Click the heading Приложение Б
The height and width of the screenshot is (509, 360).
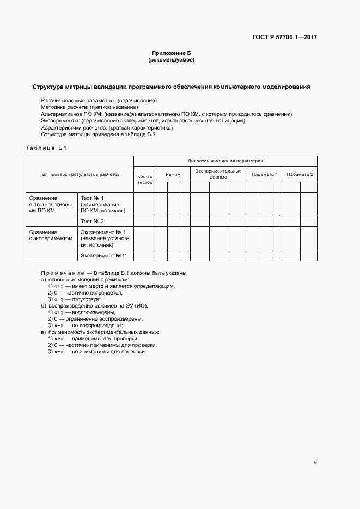pos(171,53)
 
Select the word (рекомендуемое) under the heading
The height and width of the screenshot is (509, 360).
pos(171,60)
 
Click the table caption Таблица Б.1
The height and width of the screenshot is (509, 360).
pos(46,148)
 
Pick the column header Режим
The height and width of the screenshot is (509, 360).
pos(173,174)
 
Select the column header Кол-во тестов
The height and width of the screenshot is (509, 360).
pos(145,179)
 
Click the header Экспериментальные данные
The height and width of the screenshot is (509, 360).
pos(218,174)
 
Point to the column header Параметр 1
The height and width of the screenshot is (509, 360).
pos(264,174)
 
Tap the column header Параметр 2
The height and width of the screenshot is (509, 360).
pos(300,174)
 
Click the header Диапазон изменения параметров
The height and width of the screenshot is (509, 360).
pos(225,161)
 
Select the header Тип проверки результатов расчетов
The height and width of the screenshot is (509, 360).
pos(80,174)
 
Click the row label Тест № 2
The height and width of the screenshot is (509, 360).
pos(92,221)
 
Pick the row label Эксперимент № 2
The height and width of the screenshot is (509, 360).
pos(103,255)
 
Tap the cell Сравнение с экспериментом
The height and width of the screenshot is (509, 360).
pos(51,235)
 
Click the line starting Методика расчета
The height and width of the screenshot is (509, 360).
pos(86,107)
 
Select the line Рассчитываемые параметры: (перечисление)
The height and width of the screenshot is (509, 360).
pos(99,101)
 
